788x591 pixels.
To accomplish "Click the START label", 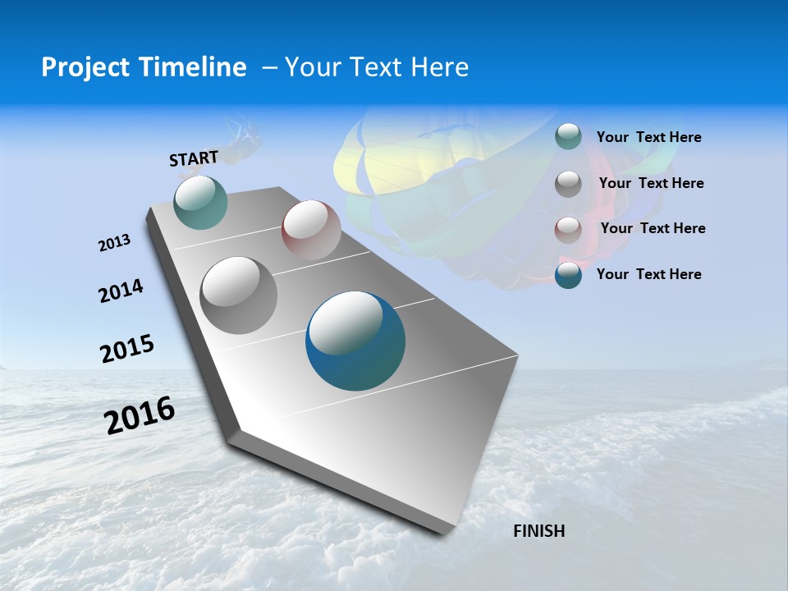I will click(194, 158).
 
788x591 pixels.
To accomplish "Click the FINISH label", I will click(538, 531).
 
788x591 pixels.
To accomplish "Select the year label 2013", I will click(114, 243).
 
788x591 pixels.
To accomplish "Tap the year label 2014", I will click(121, 291).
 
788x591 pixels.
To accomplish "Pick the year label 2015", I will click(126, 349).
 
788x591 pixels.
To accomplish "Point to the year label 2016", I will click(140, 415).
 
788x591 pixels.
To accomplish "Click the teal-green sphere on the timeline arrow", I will click(200, 202).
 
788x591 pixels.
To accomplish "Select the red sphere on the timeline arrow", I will click(311, 230).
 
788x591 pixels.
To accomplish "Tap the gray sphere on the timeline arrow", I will click(239, 295).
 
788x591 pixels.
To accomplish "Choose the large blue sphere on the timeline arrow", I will click(355, 341).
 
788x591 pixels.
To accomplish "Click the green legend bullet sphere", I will click(568, 137).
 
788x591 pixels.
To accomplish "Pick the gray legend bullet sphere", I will click(568, 183).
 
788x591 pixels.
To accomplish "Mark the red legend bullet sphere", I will click(568, 229).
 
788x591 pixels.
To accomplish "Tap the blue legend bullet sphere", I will click(568, 274).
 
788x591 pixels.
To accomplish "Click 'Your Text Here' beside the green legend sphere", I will click(648, 137).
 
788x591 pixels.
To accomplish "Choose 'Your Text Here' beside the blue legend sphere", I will click(648, 274).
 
